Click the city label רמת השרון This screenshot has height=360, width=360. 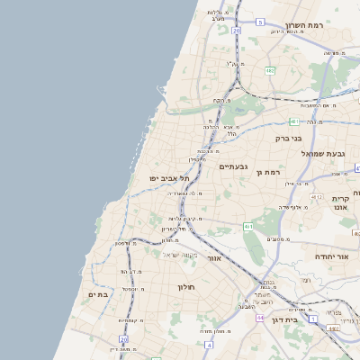pyautogui.click(x=303, y=25)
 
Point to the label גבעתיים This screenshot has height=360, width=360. pyautogui.click(x=233, y=166)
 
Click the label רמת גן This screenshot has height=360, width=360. pyautogui.click(x=269, y=171)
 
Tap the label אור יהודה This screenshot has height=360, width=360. pyautogui.click(x=330, y=256)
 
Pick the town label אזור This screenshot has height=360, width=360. pyautogui.click(x=214, y=258)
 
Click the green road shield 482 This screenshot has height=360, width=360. pyautogui.click(x=270, y=69)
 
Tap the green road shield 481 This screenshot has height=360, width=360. pyautogui.click(x=294, y=120)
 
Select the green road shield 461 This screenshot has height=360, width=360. pyautogui.click(x=247, y=226)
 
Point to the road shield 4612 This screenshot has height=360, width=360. pyautogui.click(x=317, y=195)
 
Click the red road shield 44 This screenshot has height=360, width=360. pyautogui.click(x=259, y=318)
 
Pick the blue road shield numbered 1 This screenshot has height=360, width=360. pyautogui.click(x=313, y=319)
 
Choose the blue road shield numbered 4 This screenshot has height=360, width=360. pyautogui.click(x=209, y=344)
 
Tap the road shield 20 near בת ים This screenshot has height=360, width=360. pyautogui.click(x=123, y=339)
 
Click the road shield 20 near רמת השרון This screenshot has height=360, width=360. pyautogui.click(x=236, y=31)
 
